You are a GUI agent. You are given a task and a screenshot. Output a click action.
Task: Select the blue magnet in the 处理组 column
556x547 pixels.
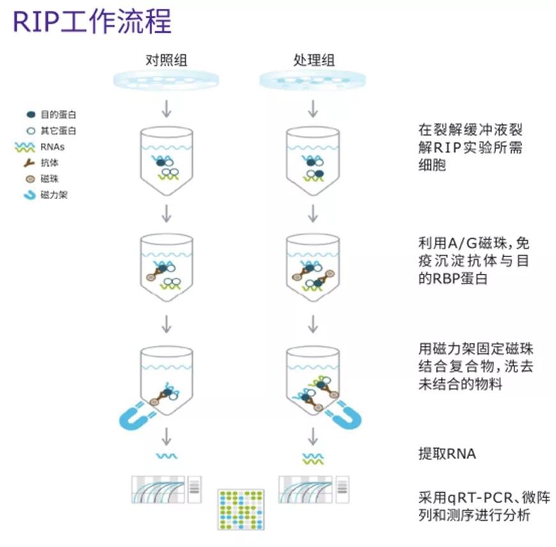(346, 415)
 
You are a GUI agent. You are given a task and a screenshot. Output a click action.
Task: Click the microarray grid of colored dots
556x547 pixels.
(240, 509)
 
